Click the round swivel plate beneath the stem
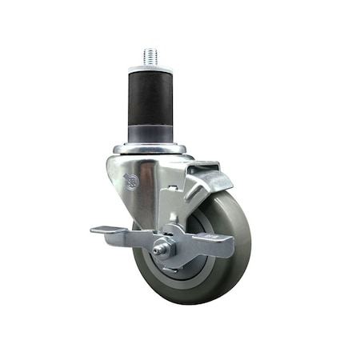150,149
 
